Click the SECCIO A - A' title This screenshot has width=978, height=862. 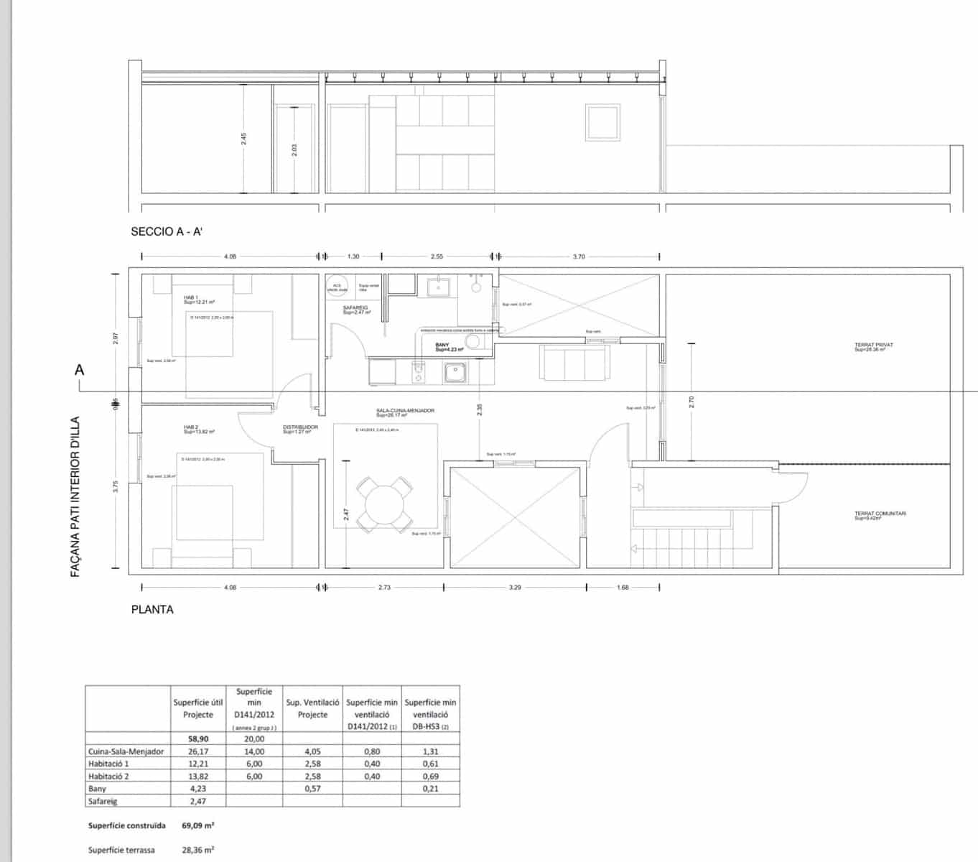[x=164, y=231]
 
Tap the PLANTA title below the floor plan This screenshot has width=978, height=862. [x=152, y=609]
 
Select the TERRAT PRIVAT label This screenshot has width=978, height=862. [x=873, y=346]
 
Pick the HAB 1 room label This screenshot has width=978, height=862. [x=190, y=297]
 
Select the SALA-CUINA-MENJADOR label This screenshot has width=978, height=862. [x=405, y=411]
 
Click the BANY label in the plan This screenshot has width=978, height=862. [x=442, y=346]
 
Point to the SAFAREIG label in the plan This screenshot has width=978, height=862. [x=355, y=307]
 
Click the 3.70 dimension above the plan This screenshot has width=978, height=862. [x=579, y=256]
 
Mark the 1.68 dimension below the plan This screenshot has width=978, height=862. [x=623, y=587]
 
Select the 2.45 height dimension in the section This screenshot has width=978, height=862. [x=243, y=138]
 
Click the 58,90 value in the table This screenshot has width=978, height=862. [x=198, y=738]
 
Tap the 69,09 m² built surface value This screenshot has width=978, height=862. [x=197, y=826]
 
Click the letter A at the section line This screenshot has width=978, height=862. [x=79, y=370]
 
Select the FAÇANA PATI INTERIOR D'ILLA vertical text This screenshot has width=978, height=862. [x=75, y=496]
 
